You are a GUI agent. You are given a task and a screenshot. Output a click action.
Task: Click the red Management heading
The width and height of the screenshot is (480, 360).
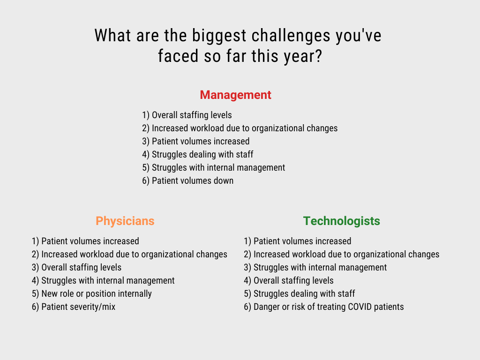tap(235, 95)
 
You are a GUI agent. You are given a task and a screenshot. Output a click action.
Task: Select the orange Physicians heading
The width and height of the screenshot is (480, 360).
tap(125, 221)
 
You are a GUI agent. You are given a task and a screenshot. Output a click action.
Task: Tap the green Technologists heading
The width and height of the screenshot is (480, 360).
tap(341, 221)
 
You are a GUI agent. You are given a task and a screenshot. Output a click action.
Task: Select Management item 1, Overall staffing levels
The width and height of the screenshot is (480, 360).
tap(187, 115)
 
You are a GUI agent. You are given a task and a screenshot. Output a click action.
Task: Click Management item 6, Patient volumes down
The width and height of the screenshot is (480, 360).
tap(187, 180)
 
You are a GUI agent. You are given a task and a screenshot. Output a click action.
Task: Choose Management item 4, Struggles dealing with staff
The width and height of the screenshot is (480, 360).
tap(197, 154)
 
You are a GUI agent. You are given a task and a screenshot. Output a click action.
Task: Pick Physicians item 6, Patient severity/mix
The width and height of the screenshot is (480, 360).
tap(74, 307)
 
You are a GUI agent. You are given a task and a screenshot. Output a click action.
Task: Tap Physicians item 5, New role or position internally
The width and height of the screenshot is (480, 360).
tap(92, 293)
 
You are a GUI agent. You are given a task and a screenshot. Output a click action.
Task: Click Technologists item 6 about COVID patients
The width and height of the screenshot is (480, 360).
tap(323, 307)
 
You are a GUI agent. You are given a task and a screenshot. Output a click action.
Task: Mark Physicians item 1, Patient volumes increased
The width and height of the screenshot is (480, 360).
tap(85, 241)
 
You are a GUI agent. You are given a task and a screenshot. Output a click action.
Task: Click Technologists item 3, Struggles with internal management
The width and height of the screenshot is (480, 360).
tap(315, 267)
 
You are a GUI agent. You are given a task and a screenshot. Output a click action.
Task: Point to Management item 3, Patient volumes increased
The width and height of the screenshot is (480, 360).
tap(195, 141)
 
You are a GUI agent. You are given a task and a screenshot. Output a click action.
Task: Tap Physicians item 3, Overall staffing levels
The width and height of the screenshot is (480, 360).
tap(76, 267)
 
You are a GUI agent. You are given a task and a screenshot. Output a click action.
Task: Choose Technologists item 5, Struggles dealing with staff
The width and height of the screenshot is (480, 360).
tap(299, 293)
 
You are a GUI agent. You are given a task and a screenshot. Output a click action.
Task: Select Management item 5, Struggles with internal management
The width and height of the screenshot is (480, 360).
tap(213, 167)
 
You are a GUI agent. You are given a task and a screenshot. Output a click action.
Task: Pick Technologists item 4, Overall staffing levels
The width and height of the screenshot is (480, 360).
tap(288, 280)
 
